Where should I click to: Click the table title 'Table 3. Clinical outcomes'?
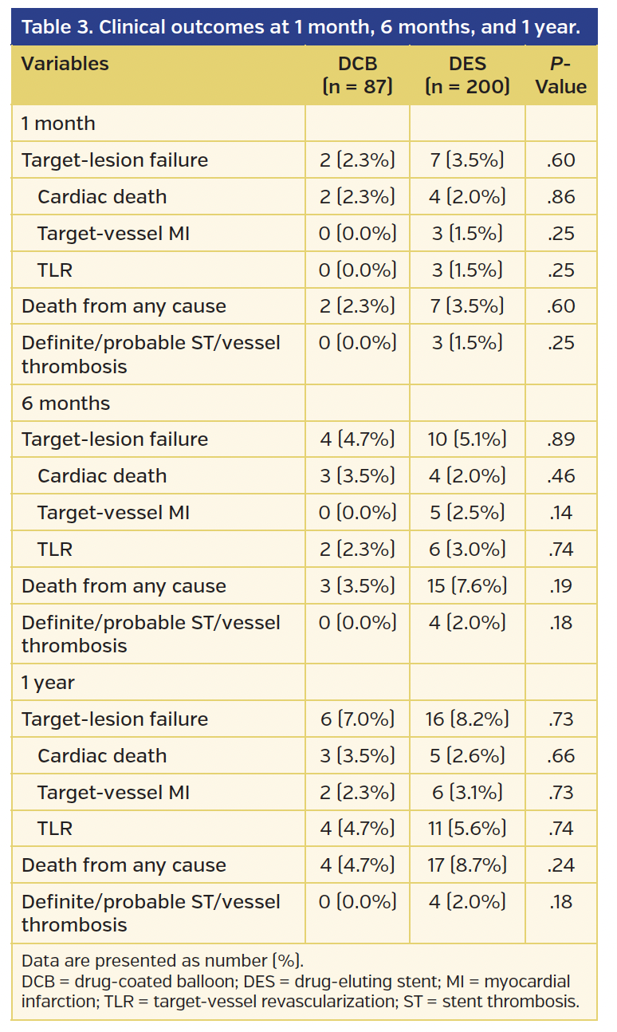click(300, 28)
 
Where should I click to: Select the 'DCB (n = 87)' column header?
click(357, 75)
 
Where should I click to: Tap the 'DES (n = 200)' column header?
click(467, 75)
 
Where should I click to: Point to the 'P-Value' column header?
click(561, 75)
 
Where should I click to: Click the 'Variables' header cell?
click(65, 64)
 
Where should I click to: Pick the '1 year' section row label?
click(47, 683)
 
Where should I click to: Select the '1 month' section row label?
click(58, 124)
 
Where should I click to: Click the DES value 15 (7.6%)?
click(467, 586)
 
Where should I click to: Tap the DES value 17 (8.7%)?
click(467, 865)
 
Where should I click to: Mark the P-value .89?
click(561, 439)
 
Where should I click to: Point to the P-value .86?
click(561, 197)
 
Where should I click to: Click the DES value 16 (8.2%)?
click(467, 719)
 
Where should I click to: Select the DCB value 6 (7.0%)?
click(357, 719)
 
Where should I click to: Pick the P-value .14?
click(561, 513)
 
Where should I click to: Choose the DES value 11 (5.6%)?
click(467, 829)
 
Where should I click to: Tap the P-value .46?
click(561, 476)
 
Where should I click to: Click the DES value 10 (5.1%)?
click(467, 439)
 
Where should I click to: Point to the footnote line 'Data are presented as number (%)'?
click(163, 960)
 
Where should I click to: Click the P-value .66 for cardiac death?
click(561, 756)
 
